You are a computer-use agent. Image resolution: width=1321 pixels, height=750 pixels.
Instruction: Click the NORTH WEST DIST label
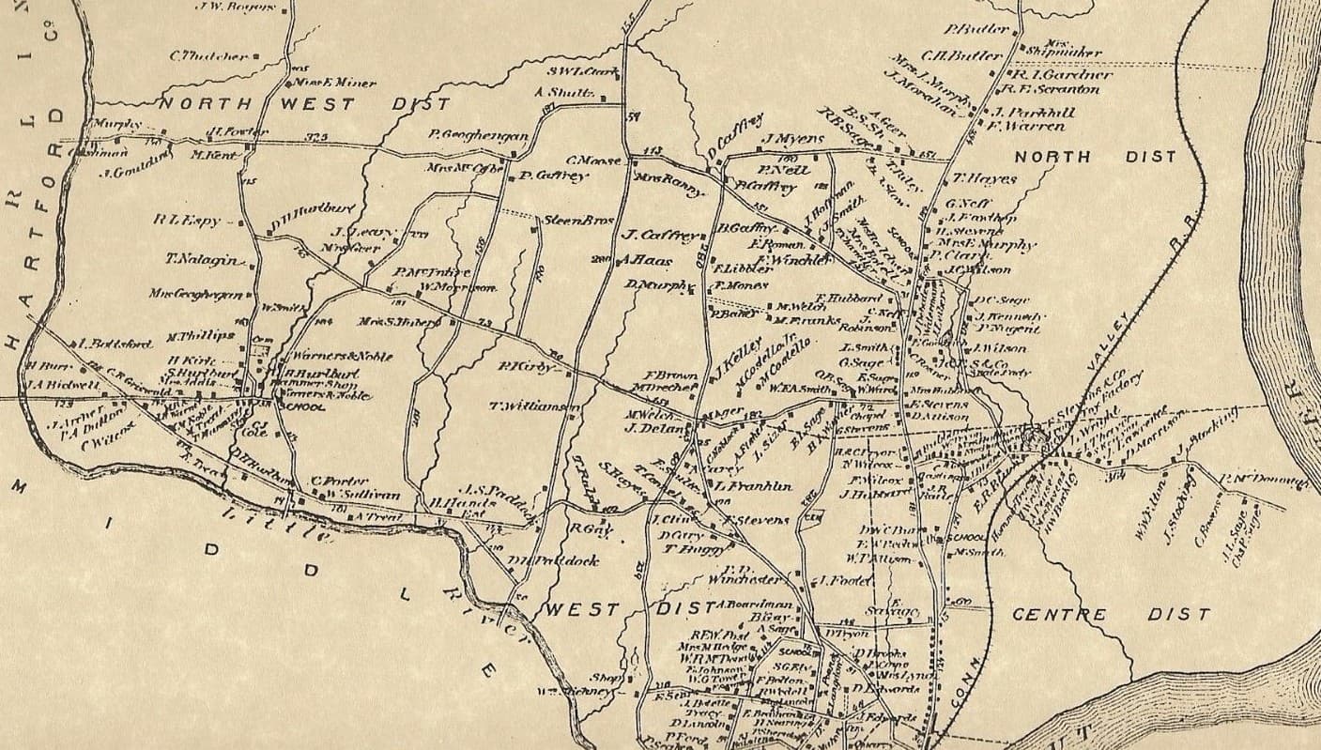click(x=257, y=103)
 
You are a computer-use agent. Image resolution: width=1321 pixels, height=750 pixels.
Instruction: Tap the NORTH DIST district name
click(x=1094, y=157)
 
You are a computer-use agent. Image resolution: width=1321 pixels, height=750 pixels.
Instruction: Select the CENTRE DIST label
click(x=1111, y=615)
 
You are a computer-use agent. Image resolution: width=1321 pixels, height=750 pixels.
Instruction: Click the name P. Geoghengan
click(x=478, y=135)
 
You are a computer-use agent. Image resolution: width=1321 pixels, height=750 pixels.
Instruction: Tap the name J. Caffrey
click(x=657, y=236)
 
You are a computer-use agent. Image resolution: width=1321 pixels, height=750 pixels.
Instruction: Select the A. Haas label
click(x=641, y=260)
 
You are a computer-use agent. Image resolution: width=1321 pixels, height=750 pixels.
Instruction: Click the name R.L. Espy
click(x=188, y=221)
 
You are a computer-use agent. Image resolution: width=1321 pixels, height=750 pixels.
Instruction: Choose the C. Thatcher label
click(x=208, y=56)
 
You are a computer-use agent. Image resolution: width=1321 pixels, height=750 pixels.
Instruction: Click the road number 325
click(x=315, y=138)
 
